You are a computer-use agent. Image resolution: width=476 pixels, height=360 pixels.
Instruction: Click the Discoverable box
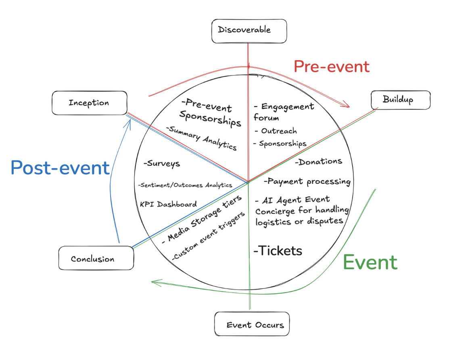tap(249, 31)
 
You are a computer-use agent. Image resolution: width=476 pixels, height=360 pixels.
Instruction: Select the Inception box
tap(89, 103)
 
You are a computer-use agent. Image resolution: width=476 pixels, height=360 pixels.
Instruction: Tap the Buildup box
tap(400, 99)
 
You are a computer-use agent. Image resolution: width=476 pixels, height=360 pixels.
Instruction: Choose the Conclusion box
tap(96, 258)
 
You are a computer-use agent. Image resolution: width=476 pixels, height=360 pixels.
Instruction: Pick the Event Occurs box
tap(252, 324)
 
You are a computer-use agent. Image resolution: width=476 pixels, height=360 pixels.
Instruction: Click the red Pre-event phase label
tap(331, 66)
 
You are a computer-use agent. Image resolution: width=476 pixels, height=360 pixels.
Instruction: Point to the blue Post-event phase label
tap(60, 167)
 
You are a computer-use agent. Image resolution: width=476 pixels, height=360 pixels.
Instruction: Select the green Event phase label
tap(370, 263)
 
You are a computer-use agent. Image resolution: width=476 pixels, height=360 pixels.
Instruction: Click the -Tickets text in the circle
tap(278, 251)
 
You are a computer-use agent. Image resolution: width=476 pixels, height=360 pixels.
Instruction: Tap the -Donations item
tap(318, 161)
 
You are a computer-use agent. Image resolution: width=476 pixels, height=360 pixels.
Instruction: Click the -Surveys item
tap(161, 164)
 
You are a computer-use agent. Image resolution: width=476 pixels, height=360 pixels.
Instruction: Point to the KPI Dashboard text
tap(168, 204)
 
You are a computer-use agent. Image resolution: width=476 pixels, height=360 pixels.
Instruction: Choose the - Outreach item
tap(276, 131)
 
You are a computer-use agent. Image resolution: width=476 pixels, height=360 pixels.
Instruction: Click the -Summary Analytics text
tap(201, 138)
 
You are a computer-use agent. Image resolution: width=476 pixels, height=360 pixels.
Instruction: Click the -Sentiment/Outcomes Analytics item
tap(185, 185)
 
